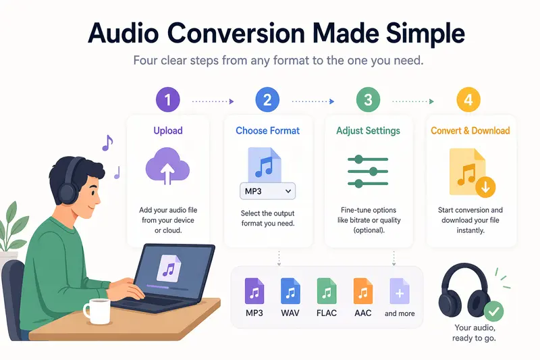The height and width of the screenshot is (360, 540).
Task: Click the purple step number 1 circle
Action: coord(168,101)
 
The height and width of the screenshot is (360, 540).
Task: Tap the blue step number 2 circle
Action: coord(267,101)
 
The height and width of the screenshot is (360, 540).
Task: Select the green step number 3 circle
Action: coord(368,101)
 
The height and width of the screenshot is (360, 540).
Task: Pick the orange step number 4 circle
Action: coord(468,101)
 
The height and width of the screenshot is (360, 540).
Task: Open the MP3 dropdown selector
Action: coord(267,191)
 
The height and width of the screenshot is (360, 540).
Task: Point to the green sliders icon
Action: coord(368,171)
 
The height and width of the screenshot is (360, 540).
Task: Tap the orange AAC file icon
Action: coord(363,291)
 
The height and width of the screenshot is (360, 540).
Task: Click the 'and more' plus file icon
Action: coord(400,291)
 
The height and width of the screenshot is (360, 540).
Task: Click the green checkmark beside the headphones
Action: coord(495,311)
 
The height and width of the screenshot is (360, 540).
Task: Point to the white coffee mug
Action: coord(96,311)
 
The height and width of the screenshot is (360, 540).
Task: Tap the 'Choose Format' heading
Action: coord(267,130)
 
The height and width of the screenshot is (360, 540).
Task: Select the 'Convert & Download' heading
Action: coord(470,130)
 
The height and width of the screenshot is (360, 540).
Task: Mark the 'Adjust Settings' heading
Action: coord(368,130)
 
